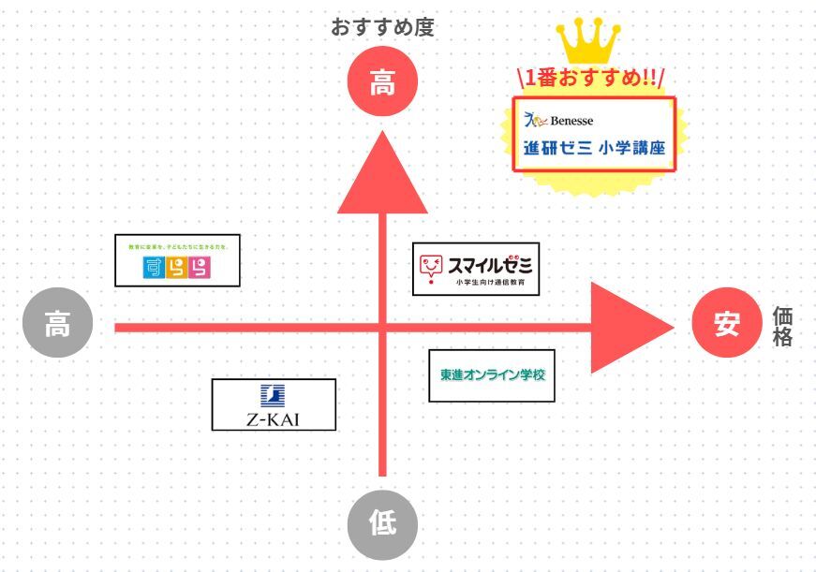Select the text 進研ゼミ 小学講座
coord(593,148)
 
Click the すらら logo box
coord(177,260)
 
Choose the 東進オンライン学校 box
coord(492,374)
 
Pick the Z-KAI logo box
coord(274,404)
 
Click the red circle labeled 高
coord(382,83)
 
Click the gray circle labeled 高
coord(58,326)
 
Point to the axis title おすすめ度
coord(382,26)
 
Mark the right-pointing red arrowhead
coord(628,327)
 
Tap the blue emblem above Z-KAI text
coord(274,395)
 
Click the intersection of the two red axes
coord(382,327)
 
